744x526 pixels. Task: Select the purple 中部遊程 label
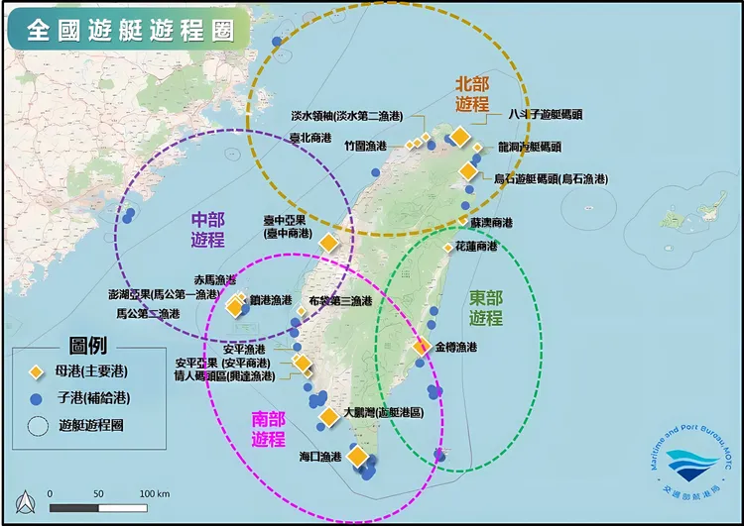[x=208, y=230]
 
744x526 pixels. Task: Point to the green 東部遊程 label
[x=486, y=308]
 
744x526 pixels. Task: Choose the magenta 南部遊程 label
[x=268, y=429]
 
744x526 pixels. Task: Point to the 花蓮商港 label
[x=476, y=246]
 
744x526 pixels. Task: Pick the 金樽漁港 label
[x=455, y=348]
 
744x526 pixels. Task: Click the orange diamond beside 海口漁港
[x=356, y=456]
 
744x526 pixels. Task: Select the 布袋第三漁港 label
[x=340, y=301]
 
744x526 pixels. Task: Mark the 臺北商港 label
[x=310, y=139]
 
